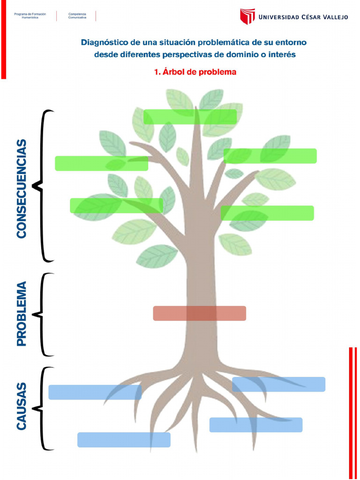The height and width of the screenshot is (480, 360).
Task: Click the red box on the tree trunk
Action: [x=199, y=313]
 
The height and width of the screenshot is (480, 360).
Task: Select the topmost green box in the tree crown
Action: [x=190, y=117]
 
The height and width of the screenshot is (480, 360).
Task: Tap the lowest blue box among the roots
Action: [x=124, y=440]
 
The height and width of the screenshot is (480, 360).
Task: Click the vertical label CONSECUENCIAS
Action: [x=22, y=188]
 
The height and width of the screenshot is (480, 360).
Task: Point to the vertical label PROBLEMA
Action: [x=22, y=314]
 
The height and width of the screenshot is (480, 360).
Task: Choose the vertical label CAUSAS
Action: [x=22, y=406]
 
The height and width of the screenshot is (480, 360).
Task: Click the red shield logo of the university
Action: [x=247, y=16]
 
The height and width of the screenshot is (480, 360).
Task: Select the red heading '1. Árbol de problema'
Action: [x=195, y=72]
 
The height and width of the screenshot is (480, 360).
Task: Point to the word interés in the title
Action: [x=281, y=55]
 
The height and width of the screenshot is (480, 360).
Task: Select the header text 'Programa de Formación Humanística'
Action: [x=30, y=15]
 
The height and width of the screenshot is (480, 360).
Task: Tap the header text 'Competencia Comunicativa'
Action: [x=77, y=15]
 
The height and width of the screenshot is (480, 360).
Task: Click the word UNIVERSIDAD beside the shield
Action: [x=279, y=17]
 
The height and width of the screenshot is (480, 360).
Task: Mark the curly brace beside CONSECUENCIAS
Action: [x=42, y=186]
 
